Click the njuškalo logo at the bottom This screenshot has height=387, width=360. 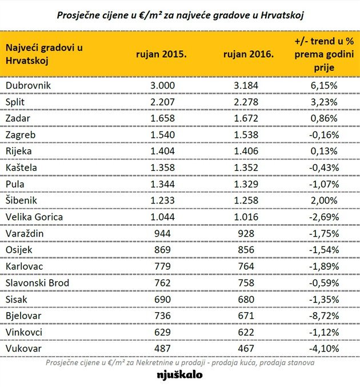[x=179, y=376]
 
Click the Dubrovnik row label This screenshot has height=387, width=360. [x=28, y=85]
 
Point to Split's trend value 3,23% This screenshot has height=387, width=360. [x=324, y=102]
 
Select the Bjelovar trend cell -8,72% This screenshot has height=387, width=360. [x=323, y=315]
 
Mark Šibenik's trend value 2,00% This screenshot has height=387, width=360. [x=324, y=200]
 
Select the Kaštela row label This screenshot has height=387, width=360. [x=22, y=167]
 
